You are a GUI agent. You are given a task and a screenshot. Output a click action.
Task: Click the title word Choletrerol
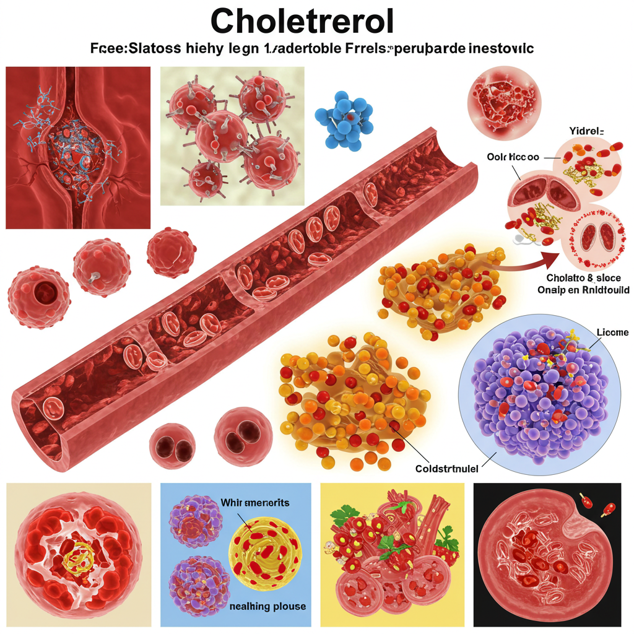click(x=303, y=22)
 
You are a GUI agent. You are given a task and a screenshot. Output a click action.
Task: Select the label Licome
click(x=612, y=332)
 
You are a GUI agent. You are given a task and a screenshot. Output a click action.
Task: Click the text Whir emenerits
click(x=254, y=503)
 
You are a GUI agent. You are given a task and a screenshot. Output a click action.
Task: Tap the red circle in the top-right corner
click(x=505, y=102)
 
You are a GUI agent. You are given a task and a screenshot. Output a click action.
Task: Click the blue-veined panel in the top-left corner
click(x=77, y=147)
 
